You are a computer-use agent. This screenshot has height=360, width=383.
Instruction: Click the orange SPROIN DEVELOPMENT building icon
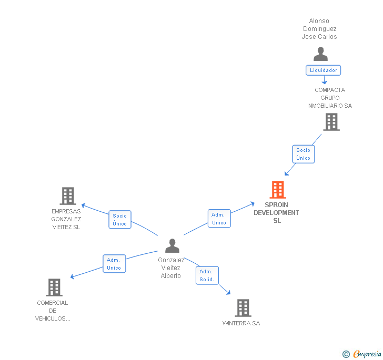coord(277,190)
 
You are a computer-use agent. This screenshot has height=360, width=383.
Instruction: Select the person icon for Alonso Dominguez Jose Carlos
coord(320,54)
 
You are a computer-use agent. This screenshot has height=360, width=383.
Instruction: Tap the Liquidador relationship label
coord(324,70)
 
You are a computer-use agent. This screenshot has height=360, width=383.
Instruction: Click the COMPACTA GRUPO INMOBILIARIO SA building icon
coord(331,122)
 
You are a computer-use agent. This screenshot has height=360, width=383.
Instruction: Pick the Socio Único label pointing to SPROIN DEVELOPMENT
coord(304,154)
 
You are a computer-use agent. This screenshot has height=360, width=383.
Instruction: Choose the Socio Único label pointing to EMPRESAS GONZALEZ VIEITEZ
coord(120,220)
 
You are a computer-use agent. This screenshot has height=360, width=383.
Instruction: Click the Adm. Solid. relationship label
coord(207,275)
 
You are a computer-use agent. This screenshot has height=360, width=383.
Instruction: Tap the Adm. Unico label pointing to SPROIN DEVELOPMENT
coord(219,219)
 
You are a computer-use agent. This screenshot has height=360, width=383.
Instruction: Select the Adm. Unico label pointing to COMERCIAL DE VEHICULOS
coord(114,264)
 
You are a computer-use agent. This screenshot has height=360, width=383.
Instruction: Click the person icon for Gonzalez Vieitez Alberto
coord(172,246)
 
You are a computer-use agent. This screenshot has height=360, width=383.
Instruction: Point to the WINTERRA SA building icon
coord(243,308)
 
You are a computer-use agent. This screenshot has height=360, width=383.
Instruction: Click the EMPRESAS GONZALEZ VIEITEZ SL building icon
coord(67,196)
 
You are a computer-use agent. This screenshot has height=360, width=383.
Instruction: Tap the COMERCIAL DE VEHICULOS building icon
coord(54,287)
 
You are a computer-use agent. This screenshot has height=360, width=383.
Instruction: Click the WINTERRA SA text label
coord(241,323)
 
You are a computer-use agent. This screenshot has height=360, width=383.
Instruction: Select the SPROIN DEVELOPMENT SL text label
coord(276,213)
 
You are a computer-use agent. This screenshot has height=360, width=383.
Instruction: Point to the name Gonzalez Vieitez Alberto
coord(171,268)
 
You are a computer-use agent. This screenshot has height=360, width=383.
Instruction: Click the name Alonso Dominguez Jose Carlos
coord(319,29)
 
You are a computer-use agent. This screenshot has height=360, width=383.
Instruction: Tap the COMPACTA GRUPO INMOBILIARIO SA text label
coord(330,98)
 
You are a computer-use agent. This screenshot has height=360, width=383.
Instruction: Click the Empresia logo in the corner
coord(362,354)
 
